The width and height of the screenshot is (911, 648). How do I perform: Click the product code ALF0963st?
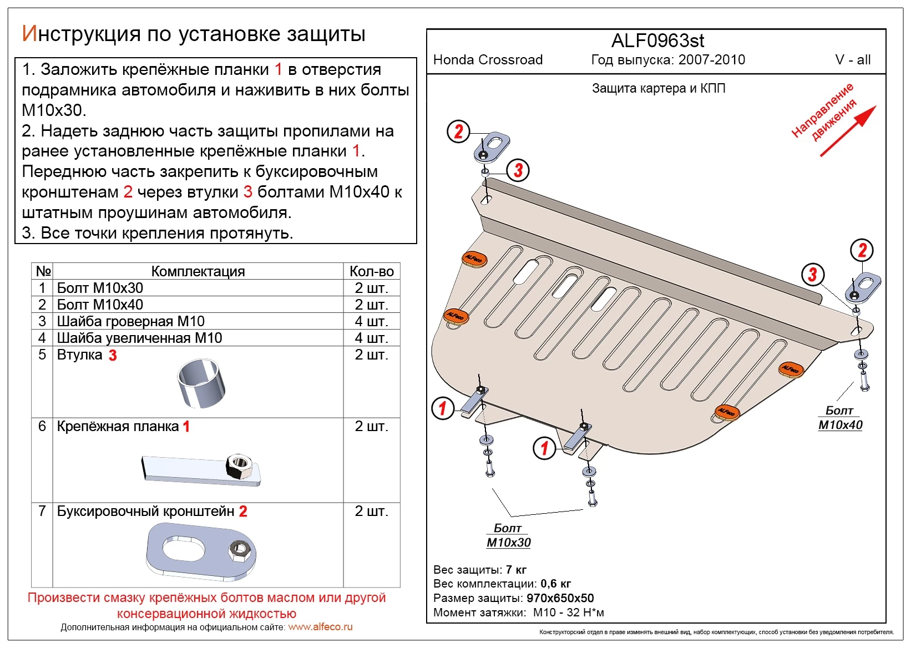click(657, 41)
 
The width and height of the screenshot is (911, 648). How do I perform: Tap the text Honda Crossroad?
click(488, 60)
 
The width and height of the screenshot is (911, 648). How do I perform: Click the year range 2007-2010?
click(712, 60)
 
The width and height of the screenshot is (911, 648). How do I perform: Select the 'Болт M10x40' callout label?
click(839, 418)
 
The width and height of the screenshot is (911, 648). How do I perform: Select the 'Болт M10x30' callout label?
click(508, 535)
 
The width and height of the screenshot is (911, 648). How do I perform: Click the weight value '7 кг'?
click(516, 570)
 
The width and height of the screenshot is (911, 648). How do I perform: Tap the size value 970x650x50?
click(560, 598)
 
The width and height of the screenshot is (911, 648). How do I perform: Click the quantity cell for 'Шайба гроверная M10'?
click(371, 321)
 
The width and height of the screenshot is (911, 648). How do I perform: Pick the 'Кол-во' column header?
click(371, 271)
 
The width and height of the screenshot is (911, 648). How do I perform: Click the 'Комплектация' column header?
click(198, 271)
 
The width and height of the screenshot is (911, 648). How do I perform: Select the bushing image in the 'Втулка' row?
click(201, 383)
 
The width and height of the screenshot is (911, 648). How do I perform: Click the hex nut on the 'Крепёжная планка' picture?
click(239, 465)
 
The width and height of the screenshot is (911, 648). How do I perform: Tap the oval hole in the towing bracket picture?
click(183, 548)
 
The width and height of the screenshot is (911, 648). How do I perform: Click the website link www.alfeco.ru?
click(320, 627)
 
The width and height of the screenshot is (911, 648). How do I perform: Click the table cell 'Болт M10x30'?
click(100, 288)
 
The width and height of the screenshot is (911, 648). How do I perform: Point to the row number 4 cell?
click(42, 338)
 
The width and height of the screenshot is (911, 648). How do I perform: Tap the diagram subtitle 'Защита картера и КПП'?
click(658, 89)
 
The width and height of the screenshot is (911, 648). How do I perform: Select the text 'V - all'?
click(852, 60)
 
